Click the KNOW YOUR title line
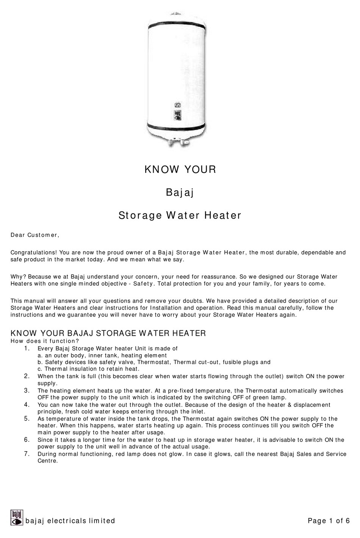pos(180,169)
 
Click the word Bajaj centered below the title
pos(180,193)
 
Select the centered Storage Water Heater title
pos(180,216)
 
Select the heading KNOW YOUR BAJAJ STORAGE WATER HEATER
pos(108,333)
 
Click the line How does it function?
pos(45,341)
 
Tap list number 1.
pos(27,348)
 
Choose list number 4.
pos(27,405)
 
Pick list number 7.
pos(27,454)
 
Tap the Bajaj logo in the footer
pos(17,518)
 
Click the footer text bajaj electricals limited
pos(70,521)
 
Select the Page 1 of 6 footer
pos(329,521)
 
